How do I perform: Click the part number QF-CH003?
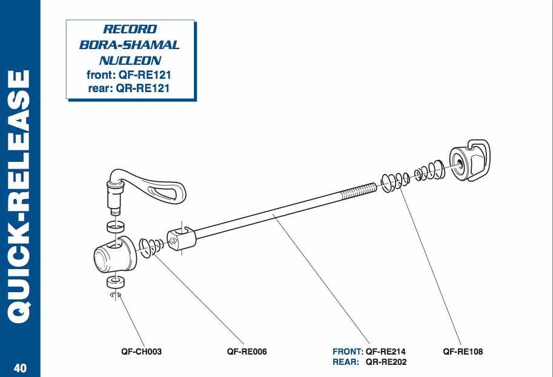click(142, 351)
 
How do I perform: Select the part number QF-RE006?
click(247, 351)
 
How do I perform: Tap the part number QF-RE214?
click(386, 351)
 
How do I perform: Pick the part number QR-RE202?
click(386, 362)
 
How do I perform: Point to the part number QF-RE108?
click(463, 351)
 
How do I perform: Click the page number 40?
click(19, 367)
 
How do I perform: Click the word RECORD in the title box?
click(130, 29)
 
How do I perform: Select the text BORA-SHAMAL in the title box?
click(130, 45)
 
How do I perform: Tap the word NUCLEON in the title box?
click(130, 61)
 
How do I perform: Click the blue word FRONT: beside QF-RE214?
click(348, 351)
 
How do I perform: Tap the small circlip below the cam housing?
click(116, 295)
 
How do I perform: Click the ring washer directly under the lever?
click(115, 227)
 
